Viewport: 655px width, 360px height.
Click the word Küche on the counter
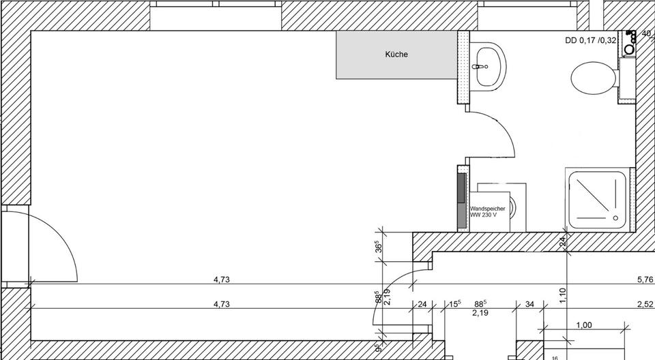point(396,54)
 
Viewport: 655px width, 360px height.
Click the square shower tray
point(598,198)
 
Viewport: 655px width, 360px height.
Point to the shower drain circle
point(617,215)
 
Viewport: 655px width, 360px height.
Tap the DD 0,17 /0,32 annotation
point(590,40)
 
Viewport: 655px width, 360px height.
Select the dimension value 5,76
point(645,279)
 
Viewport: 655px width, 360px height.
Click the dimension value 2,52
point(645,305)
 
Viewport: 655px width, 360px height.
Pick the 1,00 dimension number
point(584,325)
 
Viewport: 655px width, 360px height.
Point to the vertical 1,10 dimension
point(563,295)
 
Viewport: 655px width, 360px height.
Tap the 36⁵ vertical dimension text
point(377,247)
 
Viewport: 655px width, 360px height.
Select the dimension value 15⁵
point(454,304)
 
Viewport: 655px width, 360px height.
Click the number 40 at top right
point(647,33)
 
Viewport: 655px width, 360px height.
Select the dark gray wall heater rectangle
point(461,198)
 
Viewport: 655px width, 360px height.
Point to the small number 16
point(555,357)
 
